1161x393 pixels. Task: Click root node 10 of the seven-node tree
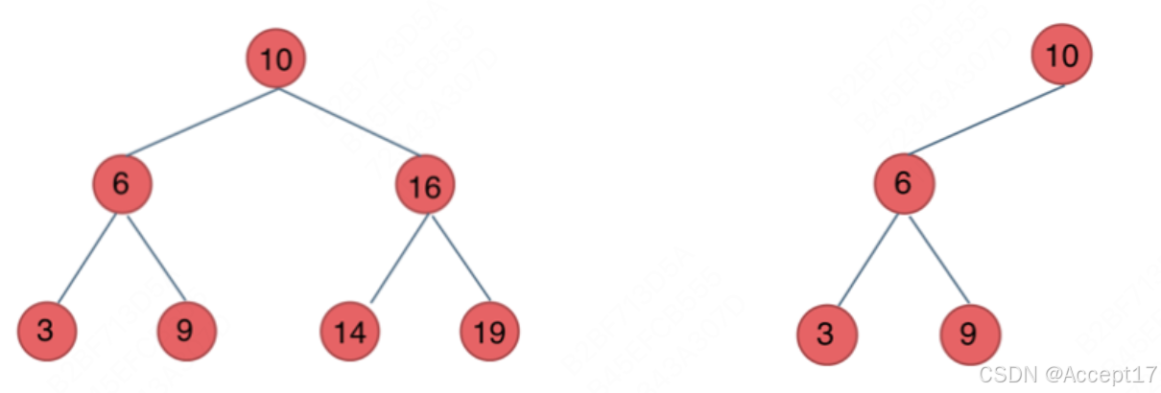(276, 59)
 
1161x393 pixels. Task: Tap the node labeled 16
(424, 186)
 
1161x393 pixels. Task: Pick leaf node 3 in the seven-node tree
(46, 331)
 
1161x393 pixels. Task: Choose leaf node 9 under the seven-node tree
(186, 331)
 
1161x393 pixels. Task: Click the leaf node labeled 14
(349, 332)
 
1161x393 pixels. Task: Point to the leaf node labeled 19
(489, 332)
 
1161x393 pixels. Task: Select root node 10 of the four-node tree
(1061, 56)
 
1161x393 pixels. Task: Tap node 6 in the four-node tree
(903, 183)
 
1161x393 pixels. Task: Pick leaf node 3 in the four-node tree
(826, 335)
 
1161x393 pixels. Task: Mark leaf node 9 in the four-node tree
(970, 335)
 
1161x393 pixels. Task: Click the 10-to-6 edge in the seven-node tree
(201, 122)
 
